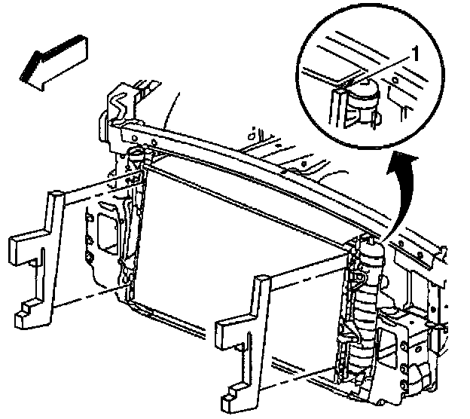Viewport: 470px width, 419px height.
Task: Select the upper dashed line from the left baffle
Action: pos(98,189)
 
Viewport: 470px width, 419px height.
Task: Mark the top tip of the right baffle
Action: pos(263,280)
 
